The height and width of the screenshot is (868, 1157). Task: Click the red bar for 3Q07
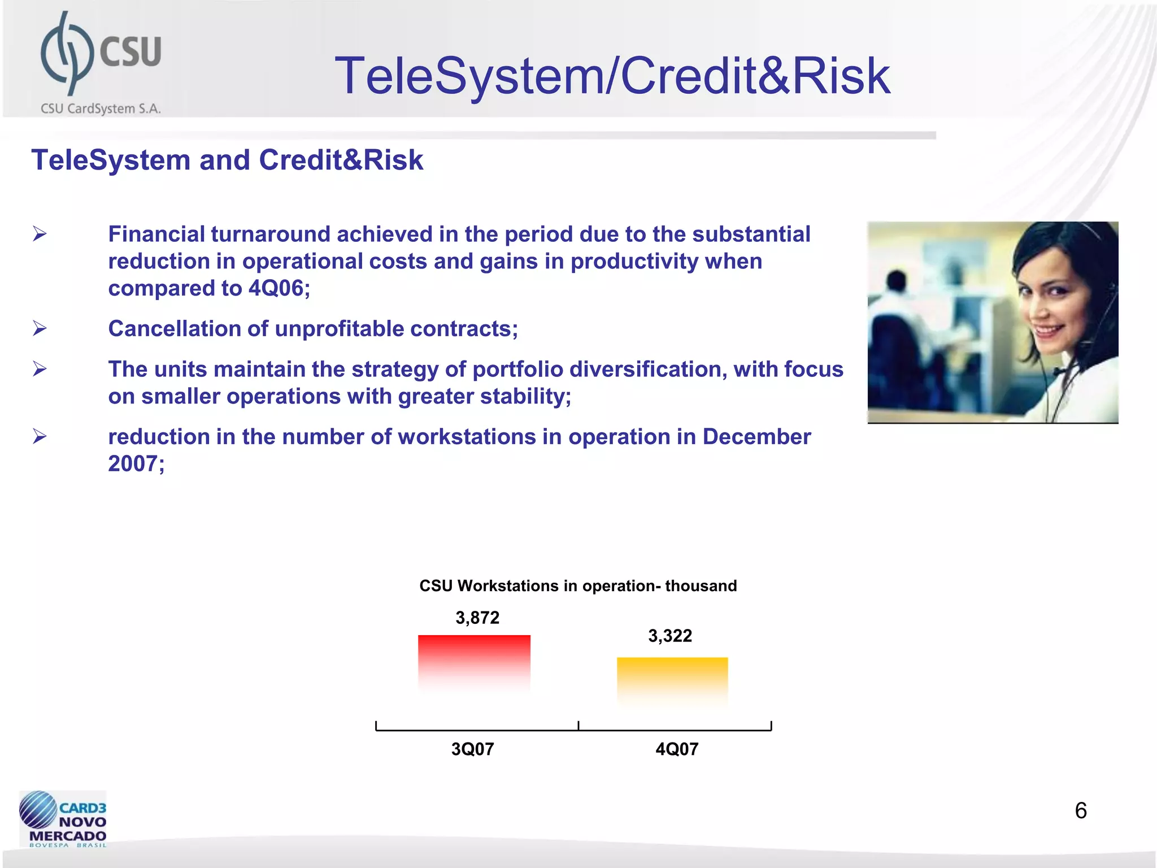[x=474, y=661]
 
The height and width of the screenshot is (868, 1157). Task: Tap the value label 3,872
[x=477, y=618]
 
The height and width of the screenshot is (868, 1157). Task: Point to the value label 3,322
[x=670, y=636]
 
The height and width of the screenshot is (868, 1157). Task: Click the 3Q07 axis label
[x=472, y=749]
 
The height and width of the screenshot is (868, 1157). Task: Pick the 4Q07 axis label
[x=677, y=749]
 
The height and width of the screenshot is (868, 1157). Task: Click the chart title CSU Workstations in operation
[x=577, y=586]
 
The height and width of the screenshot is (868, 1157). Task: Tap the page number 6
[x=1080, y=811]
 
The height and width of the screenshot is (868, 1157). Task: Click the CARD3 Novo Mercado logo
[x=63, y=819]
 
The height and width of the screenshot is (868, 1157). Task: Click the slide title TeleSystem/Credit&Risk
[x=612, y=76]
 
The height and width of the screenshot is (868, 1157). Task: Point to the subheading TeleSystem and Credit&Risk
[x=227, y=160]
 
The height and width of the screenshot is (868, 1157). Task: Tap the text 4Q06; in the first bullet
[x=279, y=289]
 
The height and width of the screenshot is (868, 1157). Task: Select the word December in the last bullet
[x=756, y=437]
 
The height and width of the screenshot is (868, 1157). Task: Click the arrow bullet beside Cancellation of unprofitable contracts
[x=40, y=328]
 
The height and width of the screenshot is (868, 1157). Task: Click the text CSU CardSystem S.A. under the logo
[x=101, y=108]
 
